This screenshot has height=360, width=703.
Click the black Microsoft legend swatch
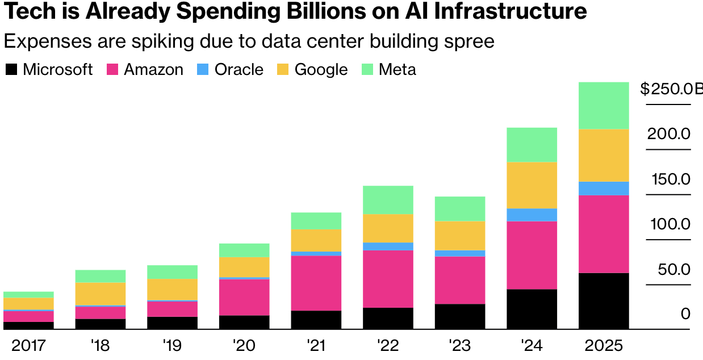tap(11, 70)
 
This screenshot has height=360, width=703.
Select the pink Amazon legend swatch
tap(112, 70)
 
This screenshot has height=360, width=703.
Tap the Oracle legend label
tap(238, 70)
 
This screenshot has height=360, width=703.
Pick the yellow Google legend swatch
tap(283, 70)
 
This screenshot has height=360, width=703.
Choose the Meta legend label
tap(397, 70)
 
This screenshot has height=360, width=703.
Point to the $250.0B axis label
tap(670, 89)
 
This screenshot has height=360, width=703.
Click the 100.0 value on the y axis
tap(670, 224)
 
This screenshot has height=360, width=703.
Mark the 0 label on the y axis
tap(685, 314)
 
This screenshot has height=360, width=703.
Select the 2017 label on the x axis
tap(28, 345)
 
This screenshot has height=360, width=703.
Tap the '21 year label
tap(316, 345)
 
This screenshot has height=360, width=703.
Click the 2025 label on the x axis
tap(604, 345)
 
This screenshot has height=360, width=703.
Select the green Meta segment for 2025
tap(604, 106)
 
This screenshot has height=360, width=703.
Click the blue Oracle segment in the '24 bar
tap(532, 215)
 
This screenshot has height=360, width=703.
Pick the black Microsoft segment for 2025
tap(604, 301)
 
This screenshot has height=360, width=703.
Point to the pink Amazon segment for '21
tap(316, 283)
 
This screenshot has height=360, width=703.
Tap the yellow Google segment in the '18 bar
tap(101, 294)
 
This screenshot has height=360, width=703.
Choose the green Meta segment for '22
tap(388, 200)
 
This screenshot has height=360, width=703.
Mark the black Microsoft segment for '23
tap(460, 316)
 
